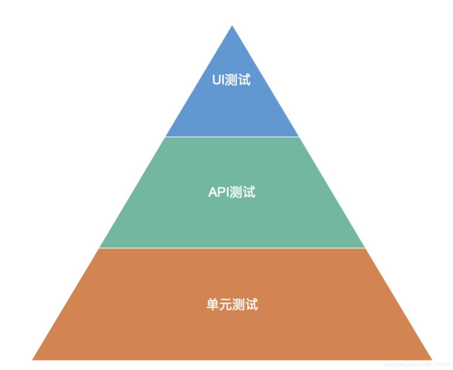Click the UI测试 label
point(231,80)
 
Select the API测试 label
point(232,192)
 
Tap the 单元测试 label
point(232,304)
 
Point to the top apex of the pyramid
point(232,26)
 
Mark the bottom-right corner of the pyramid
point(431,359)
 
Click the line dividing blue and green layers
point(232,137)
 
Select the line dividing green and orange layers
point(232,248)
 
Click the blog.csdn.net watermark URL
point(416,365)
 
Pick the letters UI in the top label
point(218,80)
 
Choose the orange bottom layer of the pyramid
point(232,333)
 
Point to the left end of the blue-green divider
point(166,137)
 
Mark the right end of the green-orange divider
point(364,248)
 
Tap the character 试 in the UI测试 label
point(244,80)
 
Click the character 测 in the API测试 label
point(236,192)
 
